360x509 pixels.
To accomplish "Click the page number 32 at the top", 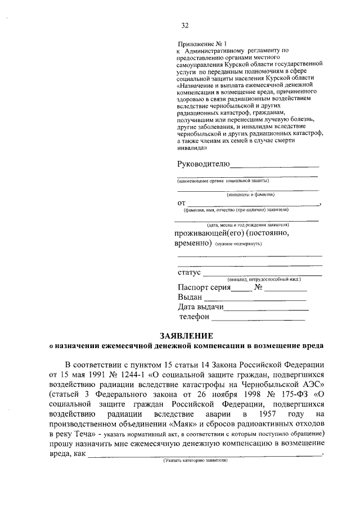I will (x=184, y=25).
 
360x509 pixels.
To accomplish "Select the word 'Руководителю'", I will (x=203, y=164).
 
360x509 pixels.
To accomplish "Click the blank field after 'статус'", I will (x=262, y=274).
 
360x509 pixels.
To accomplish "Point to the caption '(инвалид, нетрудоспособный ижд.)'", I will (x=264, y=279).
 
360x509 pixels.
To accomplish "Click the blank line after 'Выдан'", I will (x=255, y=299).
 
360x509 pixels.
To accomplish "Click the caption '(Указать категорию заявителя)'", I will (x=195, y=460).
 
